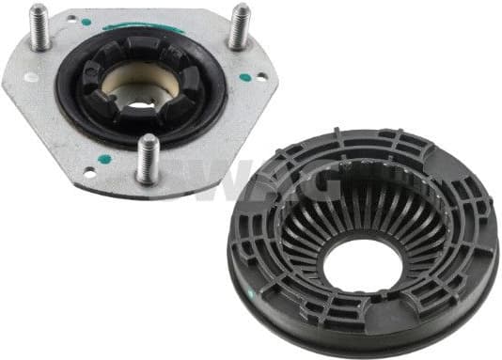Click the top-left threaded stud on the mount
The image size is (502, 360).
point(40,28)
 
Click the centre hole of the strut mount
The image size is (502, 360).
point(141,93)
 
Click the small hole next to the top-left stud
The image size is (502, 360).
point(32,76)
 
